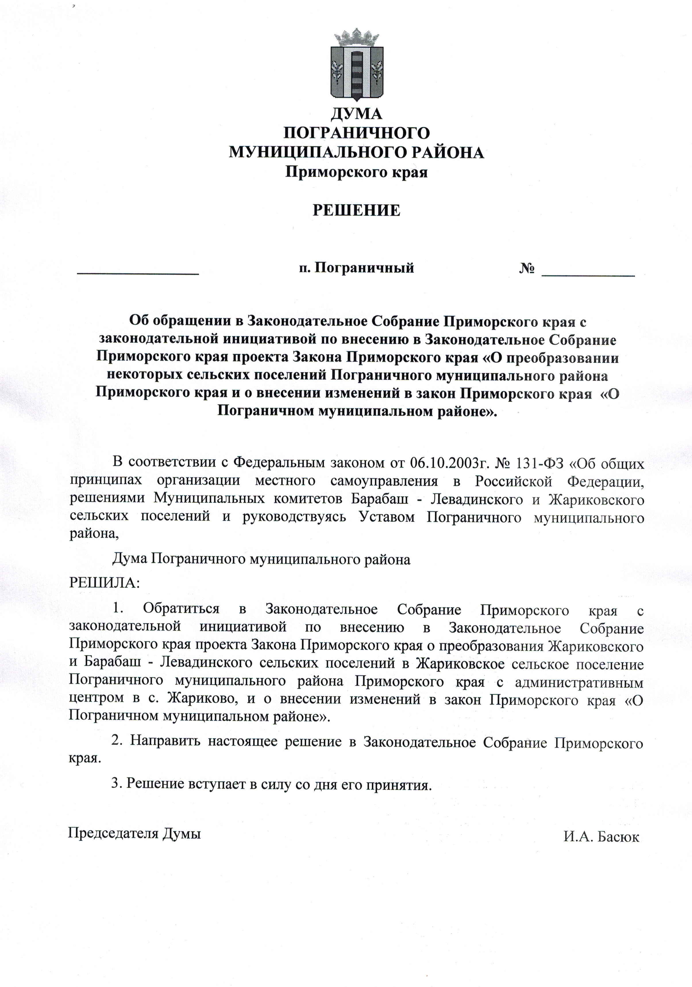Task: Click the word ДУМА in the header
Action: point(356,113)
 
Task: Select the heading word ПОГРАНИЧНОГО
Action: point(356,133)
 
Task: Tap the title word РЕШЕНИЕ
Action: point(356,210)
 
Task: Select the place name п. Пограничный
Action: point(356,268)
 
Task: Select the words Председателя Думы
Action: point(134,834)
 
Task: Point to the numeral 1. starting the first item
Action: point(118,609)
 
